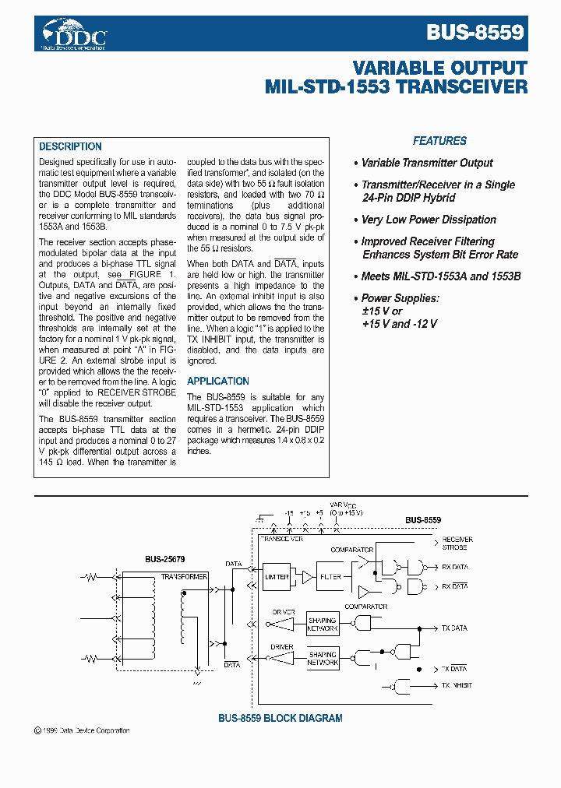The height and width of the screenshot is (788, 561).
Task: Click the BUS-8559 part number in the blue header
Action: [x=475, y=33]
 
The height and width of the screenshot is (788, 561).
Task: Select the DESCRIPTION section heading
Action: [x=70, y=146]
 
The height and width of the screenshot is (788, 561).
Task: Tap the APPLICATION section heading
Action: [x=218, y=381]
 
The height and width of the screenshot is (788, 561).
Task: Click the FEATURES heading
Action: [x=439, y=141]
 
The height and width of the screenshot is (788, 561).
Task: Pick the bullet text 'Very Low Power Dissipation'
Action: [x=429, y=220]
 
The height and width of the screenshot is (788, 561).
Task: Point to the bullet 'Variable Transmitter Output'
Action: [x=427, y=163]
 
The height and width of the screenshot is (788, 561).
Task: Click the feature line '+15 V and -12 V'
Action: [x=400, y=323]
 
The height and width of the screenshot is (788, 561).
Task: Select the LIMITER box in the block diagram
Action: [x=277, y=577]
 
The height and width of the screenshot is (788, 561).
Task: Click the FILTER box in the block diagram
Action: [x=331, y=577]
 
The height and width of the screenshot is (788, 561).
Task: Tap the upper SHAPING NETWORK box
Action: [x=322, y=624]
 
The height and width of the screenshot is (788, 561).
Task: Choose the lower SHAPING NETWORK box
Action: [x=322, y=659]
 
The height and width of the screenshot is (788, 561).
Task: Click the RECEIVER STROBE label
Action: [x=457, y=543]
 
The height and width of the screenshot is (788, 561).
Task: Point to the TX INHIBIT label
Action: [x=457, y=685]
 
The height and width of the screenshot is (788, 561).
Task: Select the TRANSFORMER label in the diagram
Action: [x=184, y=577]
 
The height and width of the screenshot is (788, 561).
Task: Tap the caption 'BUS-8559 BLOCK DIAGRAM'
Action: [x=280, y=718]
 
